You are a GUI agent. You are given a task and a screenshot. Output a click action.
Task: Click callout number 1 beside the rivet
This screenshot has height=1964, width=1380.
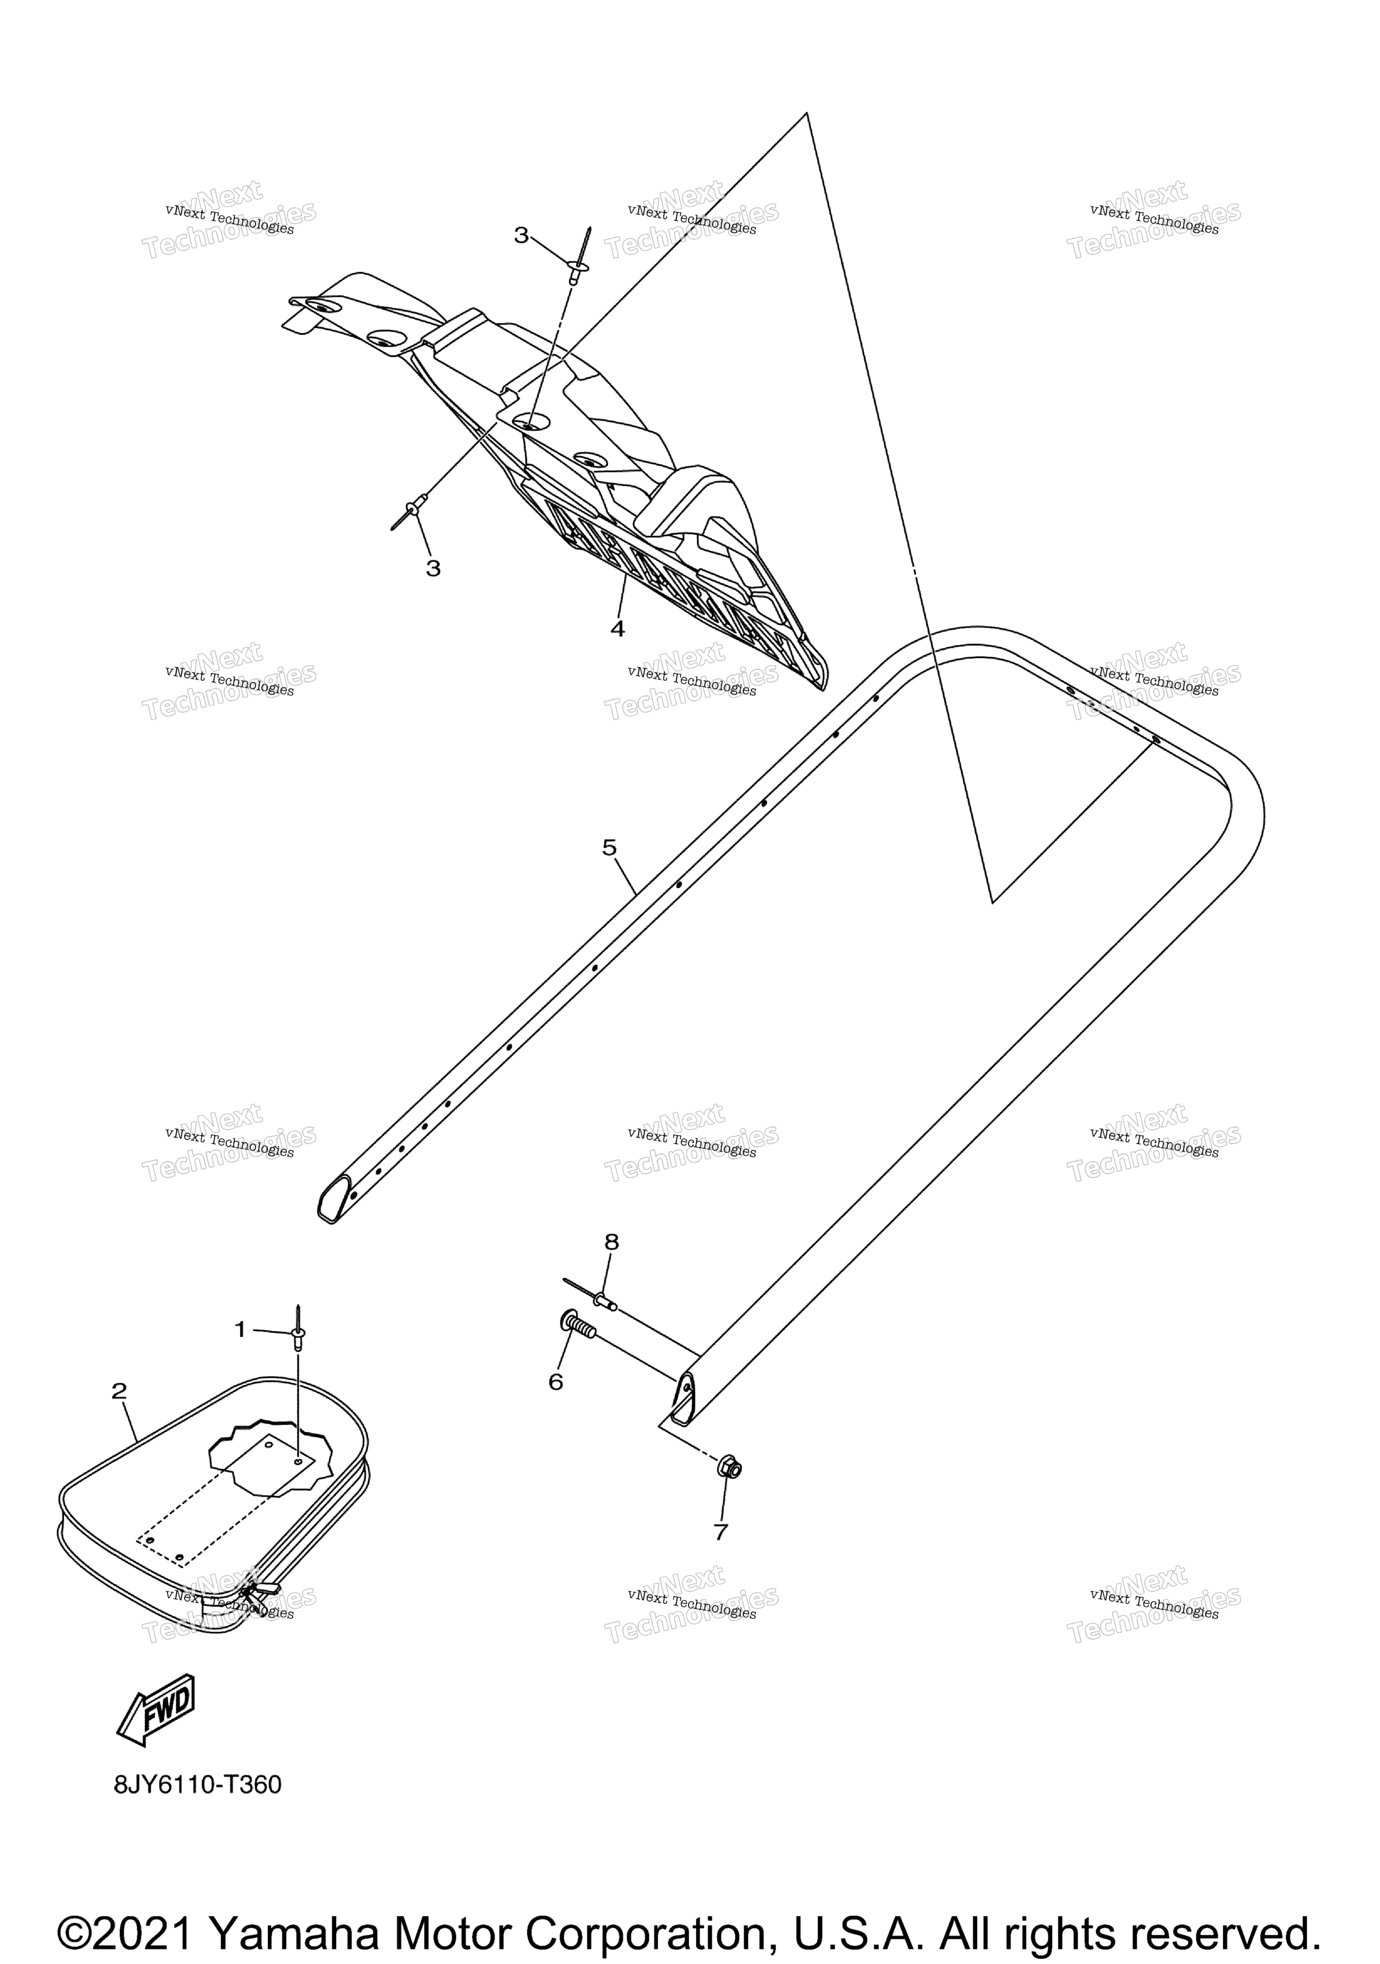(x=240, y=1329)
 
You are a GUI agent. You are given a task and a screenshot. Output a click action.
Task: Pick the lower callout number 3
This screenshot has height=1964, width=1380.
(x=434, y=568)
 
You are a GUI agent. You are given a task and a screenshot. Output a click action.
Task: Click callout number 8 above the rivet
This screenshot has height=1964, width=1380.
(x=611, y=1242)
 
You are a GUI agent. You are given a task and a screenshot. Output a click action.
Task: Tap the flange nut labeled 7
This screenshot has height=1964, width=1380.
(x=729, y=1468)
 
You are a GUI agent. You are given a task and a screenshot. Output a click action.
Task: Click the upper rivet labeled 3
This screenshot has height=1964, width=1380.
(x=579, y=258)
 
